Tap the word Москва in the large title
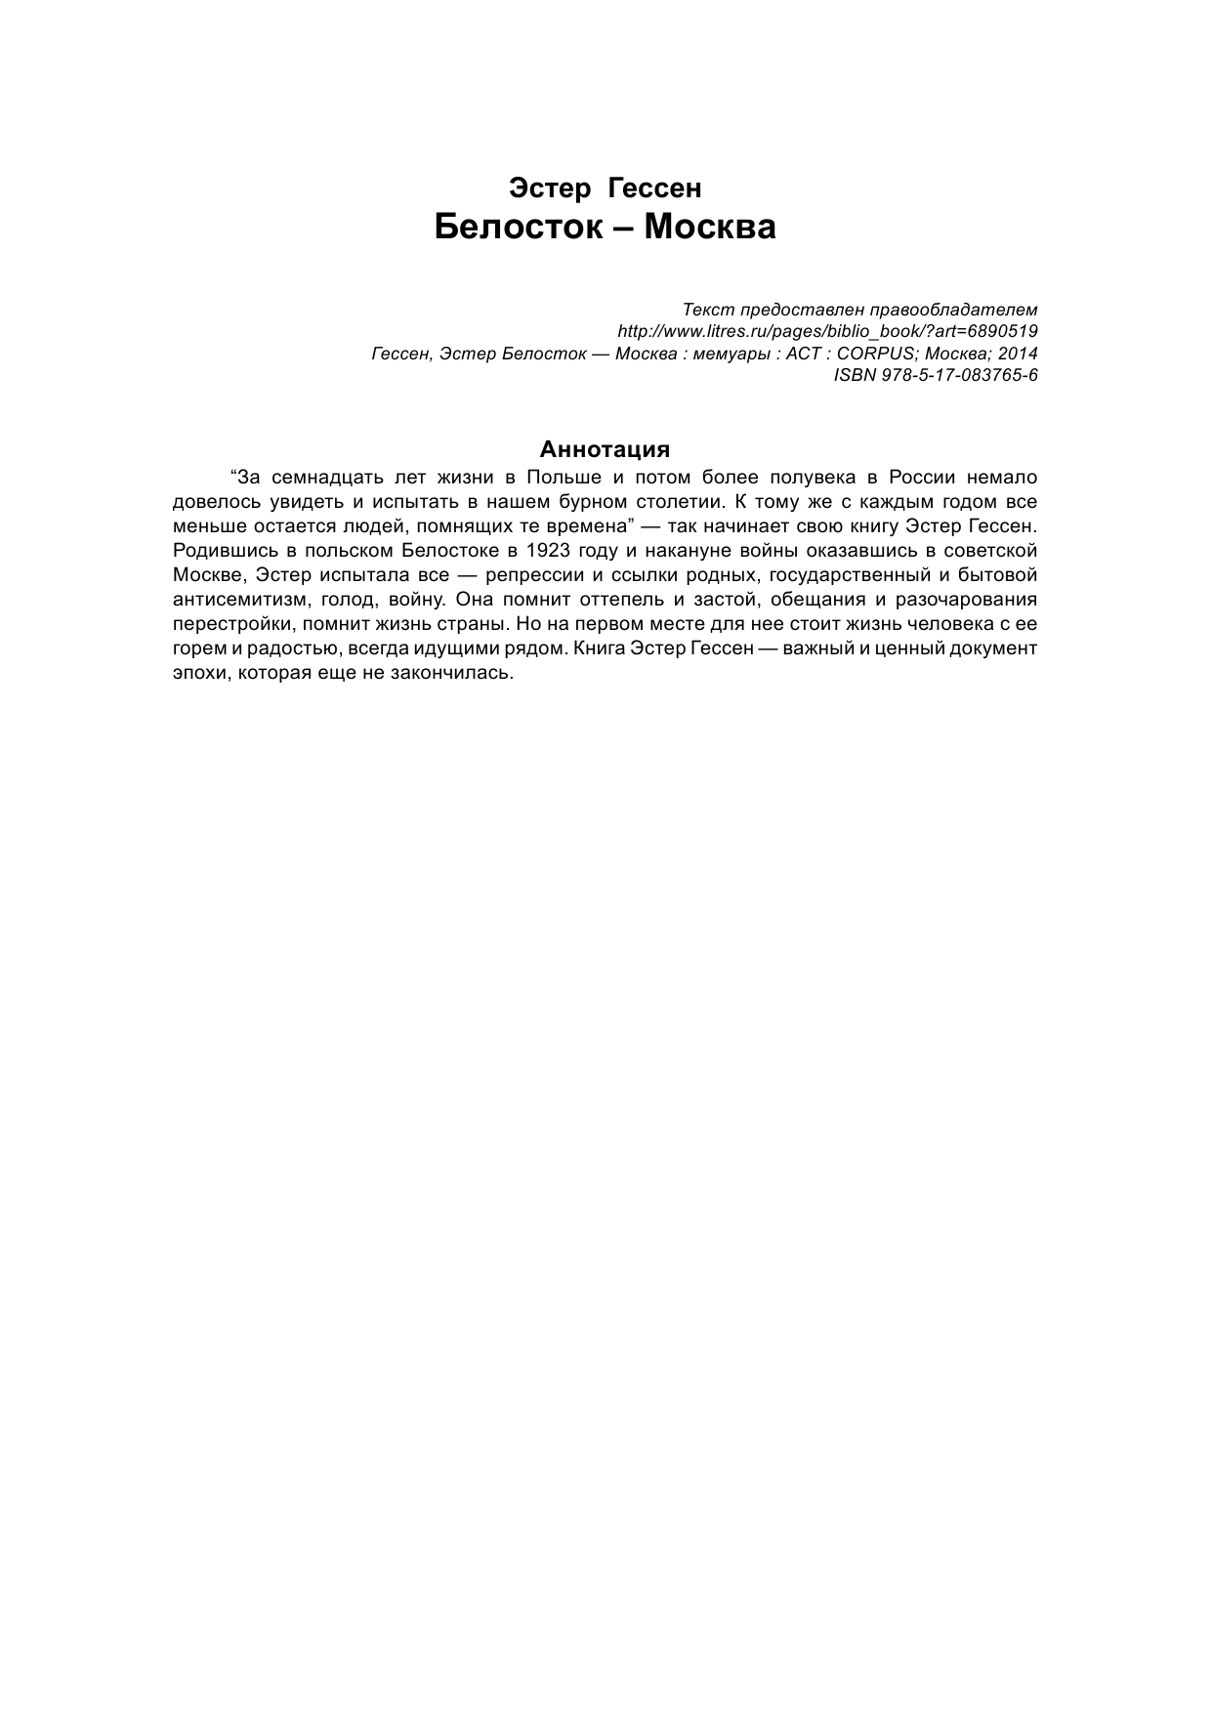tap(710, 228)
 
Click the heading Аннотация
tap(605, 449)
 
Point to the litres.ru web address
tap(827, 331)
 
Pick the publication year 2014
tap(1018, 354)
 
